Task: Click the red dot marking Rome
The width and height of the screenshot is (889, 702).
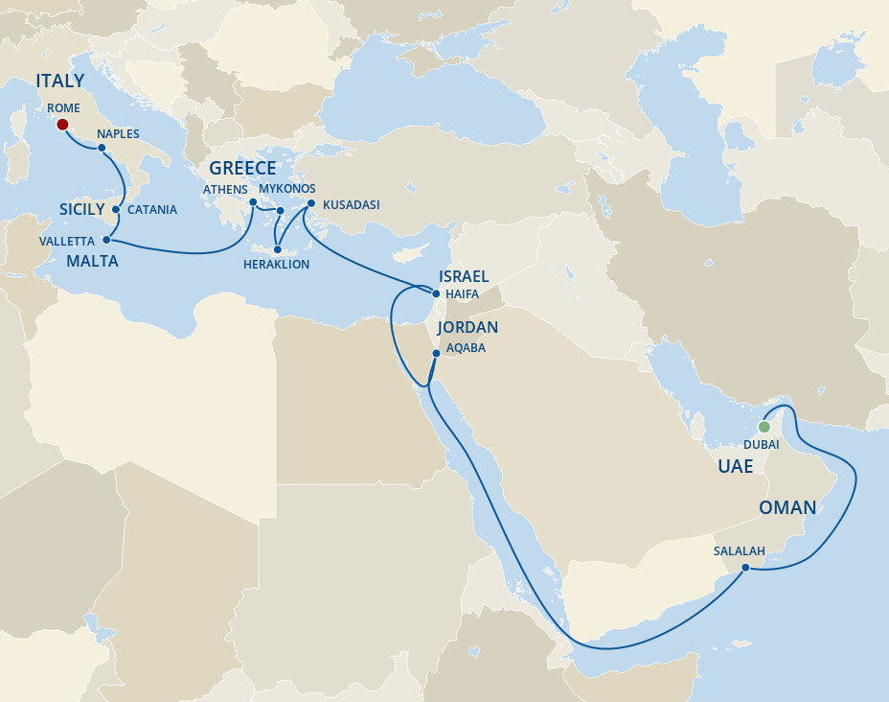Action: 62,125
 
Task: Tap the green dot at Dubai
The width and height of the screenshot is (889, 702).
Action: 764,427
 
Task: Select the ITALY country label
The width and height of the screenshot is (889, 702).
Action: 60,82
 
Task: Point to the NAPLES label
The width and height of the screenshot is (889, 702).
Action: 119,134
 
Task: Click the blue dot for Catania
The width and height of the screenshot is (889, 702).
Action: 116,208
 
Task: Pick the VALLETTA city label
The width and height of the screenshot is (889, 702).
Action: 67,242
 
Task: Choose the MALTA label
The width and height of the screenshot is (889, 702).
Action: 93,261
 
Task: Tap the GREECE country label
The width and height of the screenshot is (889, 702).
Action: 242,169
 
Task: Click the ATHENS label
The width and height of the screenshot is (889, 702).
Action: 225,189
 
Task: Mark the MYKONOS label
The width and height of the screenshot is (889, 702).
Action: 287,189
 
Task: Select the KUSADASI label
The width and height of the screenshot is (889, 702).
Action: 352,205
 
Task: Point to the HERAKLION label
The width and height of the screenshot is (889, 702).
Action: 277,264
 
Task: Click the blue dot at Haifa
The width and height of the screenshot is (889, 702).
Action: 436,294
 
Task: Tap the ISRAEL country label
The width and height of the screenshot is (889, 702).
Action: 464,276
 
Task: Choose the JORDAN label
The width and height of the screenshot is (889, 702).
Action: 467,328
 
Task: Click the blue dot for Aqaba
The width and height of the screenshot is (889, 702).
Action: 436,354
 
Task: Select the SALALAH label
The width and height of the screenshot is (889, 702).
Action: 739,551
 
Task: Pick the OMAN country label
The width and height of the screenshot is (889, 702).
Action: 788,507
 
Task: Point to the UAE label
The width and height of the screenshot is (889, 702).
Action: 736,466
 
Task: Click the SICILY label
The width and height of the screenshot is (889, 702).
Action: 81,209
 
